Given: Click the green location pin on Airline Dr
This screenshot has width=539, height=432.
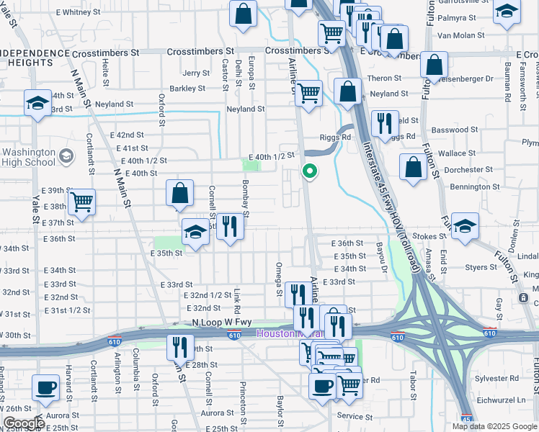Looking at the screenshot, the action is (x=310, y=171).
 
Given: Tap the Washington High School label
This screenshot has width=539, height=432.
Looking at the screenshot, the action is (x=29, y=157).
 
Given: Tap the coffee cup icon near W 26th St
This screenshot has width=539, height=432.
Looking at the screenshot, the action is (x=47, y=387).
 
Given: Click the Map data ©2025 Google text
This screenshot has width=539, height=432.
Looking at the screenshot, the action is (x=494, y=426).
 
